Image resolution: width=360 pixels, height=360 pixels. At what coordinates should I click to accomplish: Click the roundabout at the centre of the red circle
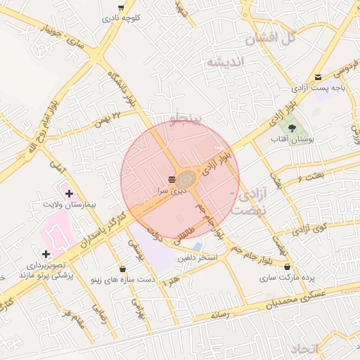click(x=186, y=179)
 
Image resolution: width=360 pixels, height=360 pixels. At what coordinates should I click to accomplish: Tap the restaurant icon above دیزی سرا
click(x=172, y=179)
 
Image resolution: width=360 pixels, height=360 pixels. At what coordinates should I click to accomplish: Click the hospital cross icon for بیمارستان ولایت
click(x=68, y=192)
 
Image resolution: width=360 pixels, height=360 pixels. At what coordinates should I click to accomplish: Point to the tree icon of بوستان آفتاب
click(x=292, y=127)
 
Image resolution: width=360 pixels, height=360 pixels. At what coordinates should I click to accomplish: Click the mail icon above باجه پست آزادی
click(x=319, y=77)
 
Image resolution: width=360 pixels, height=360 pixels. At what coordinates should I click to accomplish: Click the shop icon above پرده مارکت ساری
click(x=287, y=266)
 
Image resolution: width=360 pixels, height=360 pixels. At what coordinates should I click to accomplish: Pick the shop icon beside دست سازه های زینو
click(x=123, y=268)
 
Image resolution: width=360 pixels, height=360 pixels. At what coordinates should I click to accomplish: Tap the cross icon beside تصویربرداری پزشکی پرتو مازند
click(x=46, y=253)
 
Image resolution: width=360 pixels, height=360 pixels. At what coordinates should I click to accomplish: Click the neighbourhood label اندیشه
click(x=224, y=63)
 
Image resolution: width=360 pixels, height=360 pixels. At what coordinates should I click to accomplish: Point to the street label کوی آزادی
click(x=310, y=227)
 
